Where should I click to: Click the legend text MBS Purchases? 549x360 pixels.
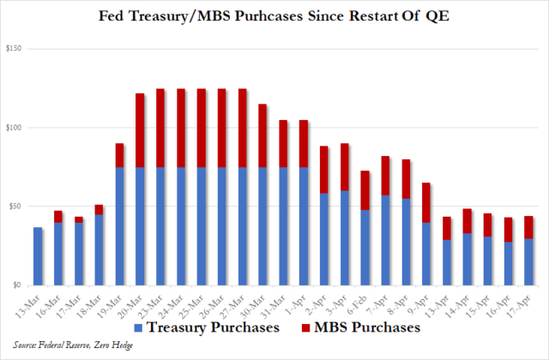pyautogui.click(x=366, y=328)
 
